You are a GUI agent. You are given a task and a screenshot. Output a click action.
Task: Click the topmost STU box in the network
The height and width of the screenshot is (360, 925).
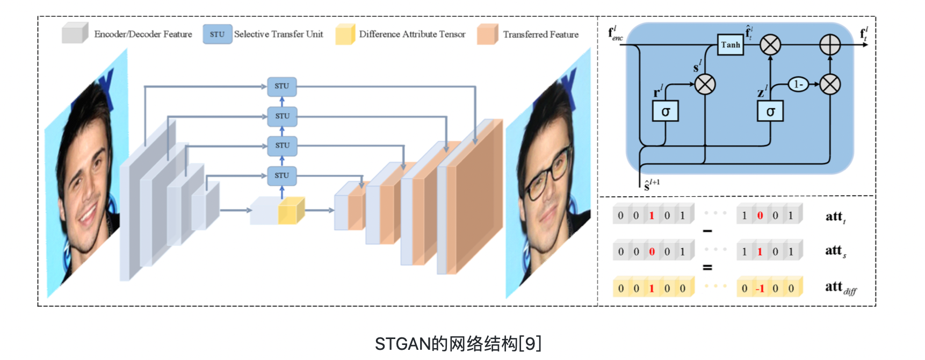tap(282, 86)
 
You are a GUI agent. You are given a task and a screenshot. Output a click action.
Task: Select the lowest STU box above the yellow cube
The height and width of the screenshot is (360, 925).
tap(282, 175)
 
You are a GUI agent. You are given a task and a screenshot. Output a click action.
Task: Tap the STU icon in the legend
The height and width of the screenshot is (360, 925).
tap(217, 34)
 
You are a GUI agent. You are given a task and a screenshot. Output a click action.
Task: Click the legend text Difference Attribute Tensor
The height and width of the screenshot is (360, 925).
tap(412, 34)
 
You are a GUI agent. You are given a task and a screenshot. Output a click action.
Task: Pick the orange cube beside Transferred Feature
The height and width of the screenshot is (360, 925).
tap(487, 34)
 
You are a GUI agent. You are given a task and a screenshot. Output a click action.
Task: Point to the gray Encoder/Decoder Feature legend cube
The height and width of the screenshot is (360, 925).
tap(75, 33)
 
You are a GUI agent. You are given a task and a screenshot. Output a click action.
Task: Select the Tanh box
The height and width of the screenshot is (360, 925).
tap(731, 45)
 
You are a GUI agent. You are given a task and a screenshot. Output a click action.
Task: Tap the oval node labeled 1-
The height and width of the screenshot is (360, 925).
tap(798, 84)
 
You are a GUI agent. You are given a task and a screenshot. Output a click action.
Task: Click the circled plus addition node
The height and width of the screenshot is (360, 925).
tap(830, 45)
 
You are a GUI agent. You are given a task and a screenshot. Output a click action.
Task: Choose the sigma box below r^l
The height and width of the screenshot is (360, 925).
tap(666, 111)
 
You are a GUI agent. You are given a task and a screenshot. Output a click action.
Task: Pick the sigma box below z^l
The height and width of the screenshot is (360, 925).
tap(770, 111)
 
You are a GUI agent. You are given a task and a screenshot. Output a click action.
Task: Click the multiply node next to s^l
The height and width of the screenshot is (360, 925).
tap(705, 84)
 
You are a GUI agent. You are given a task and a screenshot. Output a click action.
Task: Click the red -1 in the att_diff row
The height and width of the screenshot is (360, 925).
tap(760, 289)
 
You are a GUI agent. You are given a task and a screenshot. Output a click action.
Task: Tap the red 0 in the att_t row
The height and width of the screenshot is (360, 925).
tap(760, 215)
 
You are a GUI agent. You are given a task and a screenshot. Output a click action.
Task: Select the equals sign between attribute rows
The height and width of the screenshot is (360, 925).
tap(707, 267)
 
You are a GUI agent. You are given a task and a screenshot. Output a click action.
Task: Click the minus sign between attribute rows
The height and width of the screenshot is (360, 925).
tap(707, 232)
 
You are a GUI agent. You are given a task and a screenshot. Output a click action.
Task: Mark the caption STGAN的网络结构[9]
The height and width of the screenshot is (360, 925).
tap(458, 343)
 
